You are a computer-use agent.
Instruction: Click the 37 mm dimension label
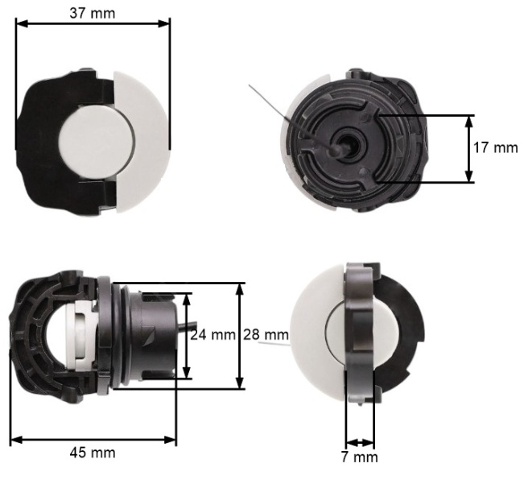93,14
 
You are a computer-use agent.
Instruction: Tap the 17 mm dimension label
495,147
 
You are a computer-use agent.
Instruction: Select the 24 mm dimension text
212,334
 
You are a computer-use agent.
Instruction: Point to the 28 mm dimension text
266,334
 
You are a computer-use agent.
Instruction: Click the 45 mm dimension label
93,453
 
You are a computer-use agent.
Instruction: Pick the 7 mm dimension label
360,457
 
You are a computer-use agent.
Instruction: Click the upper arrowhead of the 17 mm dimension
469,121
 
